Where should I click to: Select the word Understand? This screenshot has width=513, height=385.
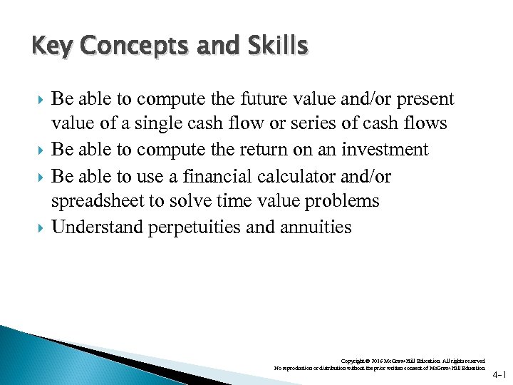coord(97,227)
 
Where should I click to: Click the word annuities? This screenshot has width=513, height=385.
coord(314,227)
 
